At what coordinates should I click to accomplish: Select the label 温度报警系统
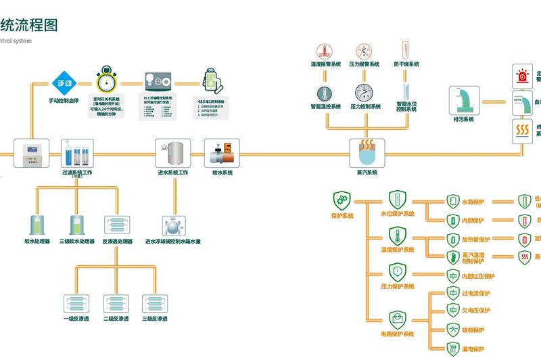click(x=325, y=64)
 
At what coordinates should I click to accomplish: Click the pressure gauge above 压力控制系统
click(x=364, y=93)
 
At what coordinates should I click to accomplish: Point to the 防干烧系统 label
click(x=406, y=64)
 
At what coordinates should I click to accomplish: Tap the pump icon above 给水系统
click(x=222, y=152)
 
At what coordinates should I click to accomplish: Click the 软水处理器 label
click(x=37, y=242)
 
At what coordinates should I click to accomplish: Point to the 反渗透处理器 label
click(x=117, y=242)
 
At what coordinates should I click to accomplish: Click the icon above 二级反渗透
click(x=114, y=302)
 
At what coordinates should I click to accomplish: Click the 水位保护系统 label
click(x=399, y=214)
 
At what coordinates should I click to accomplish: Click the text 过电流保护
click(x=475, y=294)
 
